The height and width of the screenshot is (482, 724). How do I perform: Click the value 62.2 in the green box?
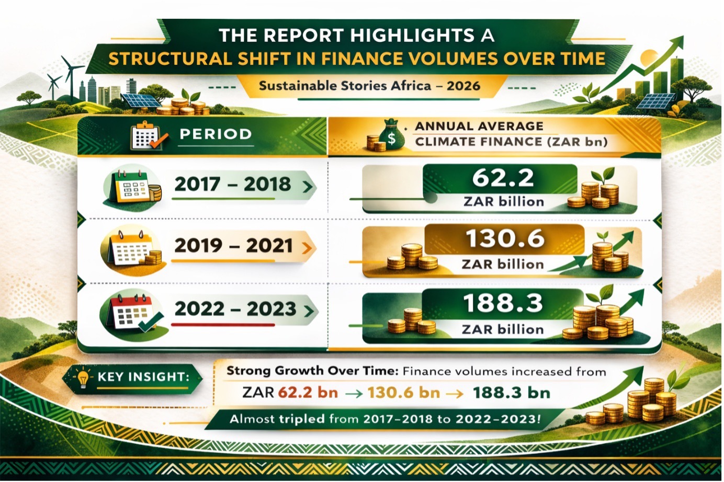[503, 178]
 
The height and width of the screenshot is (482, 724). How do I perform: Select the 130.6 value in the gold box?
[505, 239]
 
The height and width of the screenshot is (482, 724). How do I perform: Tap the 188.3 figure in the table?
[503, 303]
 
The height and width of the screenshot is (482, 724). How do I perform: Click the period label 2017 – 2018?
[232, 185]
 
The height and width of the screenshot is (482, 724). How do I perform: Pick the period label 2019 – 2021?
[233, 246]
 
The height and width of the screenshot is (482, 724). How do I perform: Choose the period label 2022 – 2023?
[235, 309]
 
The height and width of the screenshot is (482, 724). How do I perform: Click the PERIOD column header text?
[216, 134]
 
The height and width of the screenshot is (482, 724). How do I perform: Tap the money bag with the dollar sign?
[391, 136]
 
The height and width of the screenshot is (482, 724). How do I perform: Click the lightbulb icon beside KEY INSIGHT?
[83, 378]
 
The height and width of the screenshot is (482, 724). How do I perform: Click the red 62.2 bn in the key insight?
[308, 393]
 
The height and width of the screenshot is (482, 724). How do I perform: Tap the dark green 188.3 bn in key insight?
[511, 393]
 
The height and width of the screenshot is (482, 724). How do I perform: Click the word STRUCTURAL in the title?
[170, 59]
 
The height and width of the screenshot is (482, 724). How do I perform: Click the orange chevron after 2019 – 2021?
[306, 248]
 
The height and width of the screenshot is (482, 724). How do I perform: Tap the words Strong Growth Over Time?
[312, 371]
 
